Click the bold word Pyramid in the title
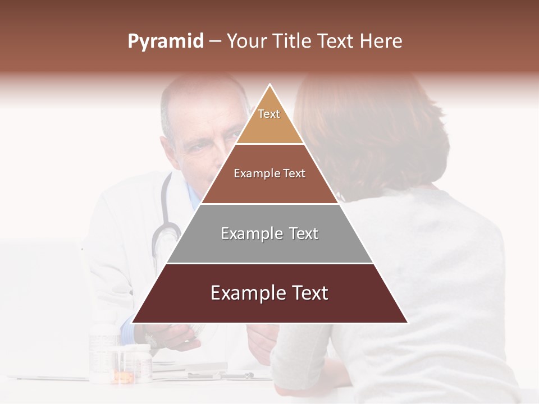166,42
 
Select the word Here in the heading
381,42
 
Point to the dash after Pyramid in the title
215,42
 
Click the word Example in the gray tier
244,233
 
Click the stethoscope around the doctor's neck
164,224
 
